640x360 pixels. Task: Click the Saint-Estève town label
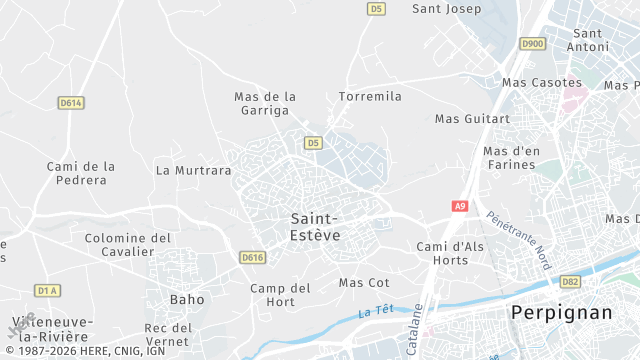(x=315, y=226)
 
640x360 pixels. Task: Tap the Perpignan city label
(x=561, y=312)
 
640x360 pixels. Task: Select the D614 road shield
(x=70, y=102)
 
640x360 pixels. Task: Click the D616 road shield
(x=252, y=258)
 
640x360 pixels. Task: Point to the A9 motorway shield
(x=459, y=206)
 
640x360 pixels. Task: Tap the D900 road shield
(x=533, y=43)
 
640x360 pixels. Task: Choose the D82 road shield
(x=570, y=282)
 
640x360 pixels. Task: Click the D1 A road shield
(x=47, y=290)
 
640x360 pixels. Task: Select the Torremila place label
(x=370, y=96)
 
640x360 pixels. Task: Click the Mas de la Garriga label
(x=265, y=103)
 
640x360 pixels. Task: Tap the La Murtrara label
(x=194, y=170)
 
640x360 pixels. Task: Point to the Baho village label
(x=187, y=299)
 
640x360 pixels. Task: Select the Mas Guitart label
(x=472, y=118)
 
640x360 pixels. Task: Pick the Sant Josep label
(x=447, y=9)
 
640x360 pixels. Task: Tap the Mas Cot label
(x=364, y=283)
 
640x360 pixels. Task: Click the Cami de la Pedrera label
(x=81, y=173)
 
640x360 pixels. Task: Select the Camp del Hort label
(x=280, y=295)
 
